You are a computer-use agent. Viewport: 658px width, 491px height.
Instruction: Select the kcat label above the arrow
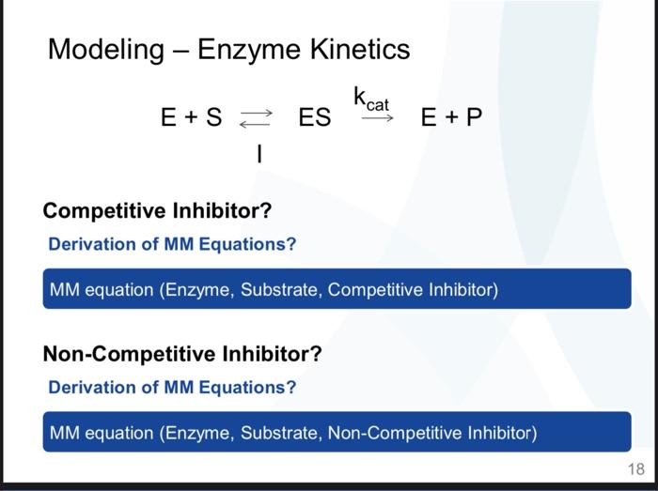pyautogui.click(x=371, y=99)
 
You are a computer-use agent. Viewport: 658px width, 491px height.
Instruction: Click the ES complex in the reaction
pyautogui.click(x=315, y=117)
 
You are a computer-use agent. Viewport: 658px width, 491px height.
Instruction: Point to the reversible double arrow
pyautogui.click(x=256, y=118)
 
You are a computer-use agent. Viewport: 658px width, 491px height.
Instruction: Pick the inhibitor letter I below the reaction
pyautogui.click(x=258, y=153)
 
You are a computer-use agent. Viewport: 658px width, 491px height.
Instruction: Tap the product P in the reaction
pyautogui.click(x=474, y=117)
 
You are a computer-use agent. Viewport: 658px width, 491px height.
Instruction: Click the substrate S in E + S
pyautogui.click(x=213, y=117)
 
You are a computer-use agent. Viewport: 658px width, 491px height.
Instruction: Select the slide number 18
pyautogui.click(x=635, y=469)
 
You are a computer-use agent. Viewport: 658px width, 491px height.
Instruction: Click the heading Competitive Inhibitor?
pyautogui.click(x=157, y=210)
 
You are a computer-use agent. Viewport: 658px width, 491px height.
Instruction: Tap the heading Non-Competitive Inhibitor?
pyautogui.click(x=182, y=354)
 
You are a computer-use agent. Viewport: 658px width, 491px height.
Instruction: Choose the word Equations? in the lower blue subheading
pyautogui.click(x=257, y=387)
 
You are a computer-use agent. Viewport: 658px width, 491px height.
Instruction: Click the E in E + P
pyautogui.click(x=430, y=117)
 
